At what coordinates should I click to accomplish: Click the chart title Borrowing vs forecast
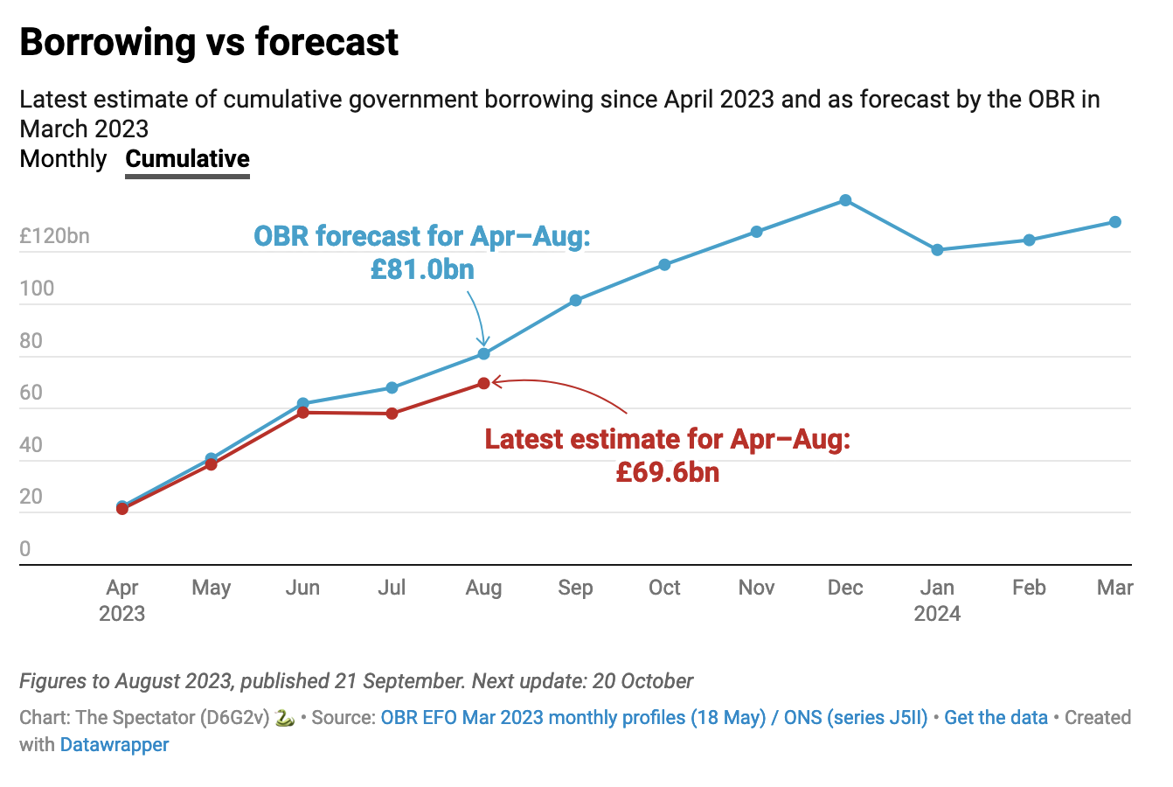pos(209,42)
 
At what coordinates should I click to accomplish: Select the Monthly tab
pos(63,159)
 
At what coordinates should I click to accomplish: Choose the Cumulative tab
pos(187,159)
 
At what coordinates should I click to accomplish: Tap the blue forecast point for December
pos(845,200)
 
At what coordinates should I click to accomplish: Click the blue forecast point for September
pos(576,300)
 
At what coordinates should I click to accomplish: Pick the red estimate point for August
pos(483,383)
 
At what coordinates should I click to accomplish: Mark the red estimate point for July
pos(392,413)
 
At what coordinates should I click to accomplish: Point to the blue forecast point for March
pos(1115,222)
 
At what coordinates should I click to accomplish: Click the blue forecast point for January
pos(937,250)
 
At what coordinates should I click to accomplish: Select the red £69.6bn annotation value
pos(667,472)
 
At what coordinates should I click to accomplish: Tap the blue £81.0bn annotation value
pos(422,268)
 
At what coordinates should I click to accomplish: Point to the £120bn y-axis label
pos(54,236)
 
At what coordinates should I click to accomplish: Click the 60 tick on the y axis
pos(31,393)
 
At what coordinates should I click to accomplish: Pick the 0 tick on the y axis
pos(25,549)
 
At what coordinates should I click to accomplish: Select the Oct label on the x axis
pos(664,588)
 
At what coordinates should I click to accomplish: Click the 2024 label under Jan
pos(937,614)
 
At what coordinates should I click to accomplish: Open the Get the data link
pos(996,718)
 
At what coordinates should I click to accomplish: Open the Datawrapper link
pos(115,745)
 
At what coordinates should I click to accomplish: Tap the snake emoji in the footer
pos(284,718)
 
